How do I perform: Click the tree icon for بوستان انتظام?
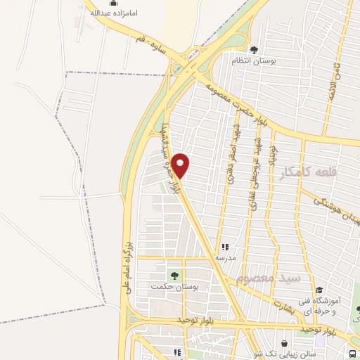[254, 49]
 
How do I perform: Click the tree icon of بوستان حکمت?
[172, 275]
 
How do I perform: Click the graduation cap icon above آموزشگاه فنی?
[319, 290]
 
